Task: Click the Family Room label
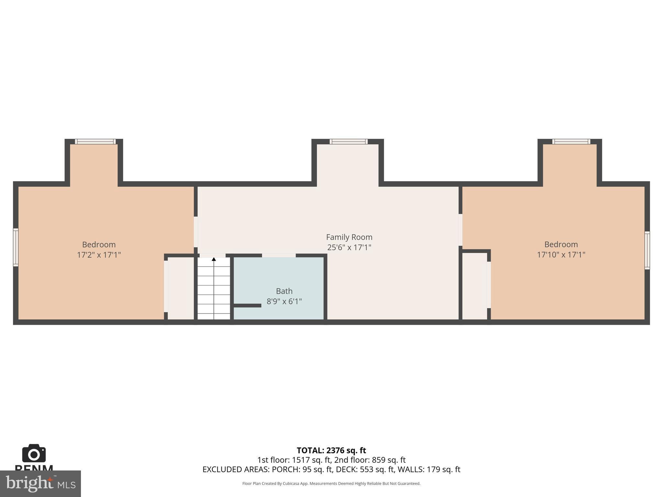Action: [x=349, y=237]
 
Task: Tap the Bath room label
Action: [x=284, y=291]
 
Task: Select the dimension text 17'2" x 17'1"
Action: [x=99, y=255]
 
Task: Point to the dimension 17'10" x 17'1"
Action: [x=561, y=255]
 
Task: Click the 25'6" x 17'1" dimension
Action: [x=349, y=248]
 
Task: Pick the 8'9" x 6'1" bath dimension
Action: [x=284, y=302]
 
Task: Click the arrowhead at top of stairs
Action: [x=214, y=259]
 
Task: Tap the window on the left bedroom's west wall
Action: [x=16, y=247]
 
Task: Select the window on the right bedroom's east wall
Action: [x=647, y=250]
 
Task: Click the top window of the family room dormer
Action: [x=348, y=141]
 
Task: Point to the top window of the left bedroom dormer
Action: [x=95, y=141]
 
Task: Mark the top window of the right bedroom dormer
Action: [x=571, y=141]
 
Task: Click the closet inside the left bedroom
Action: [x=181, y=288]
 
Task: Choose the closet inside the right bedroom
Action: [x=474, y=286]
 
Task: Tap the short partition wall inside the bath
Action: [x=247, y=305]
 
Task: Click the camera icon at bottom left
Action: [x=34, y=454]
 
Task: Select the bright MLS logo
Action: [x=40, y=483]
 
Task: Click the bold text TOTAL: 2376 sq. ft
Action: [x=331, y=450]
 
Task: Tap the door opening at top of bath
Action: [x=278, y=256]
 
